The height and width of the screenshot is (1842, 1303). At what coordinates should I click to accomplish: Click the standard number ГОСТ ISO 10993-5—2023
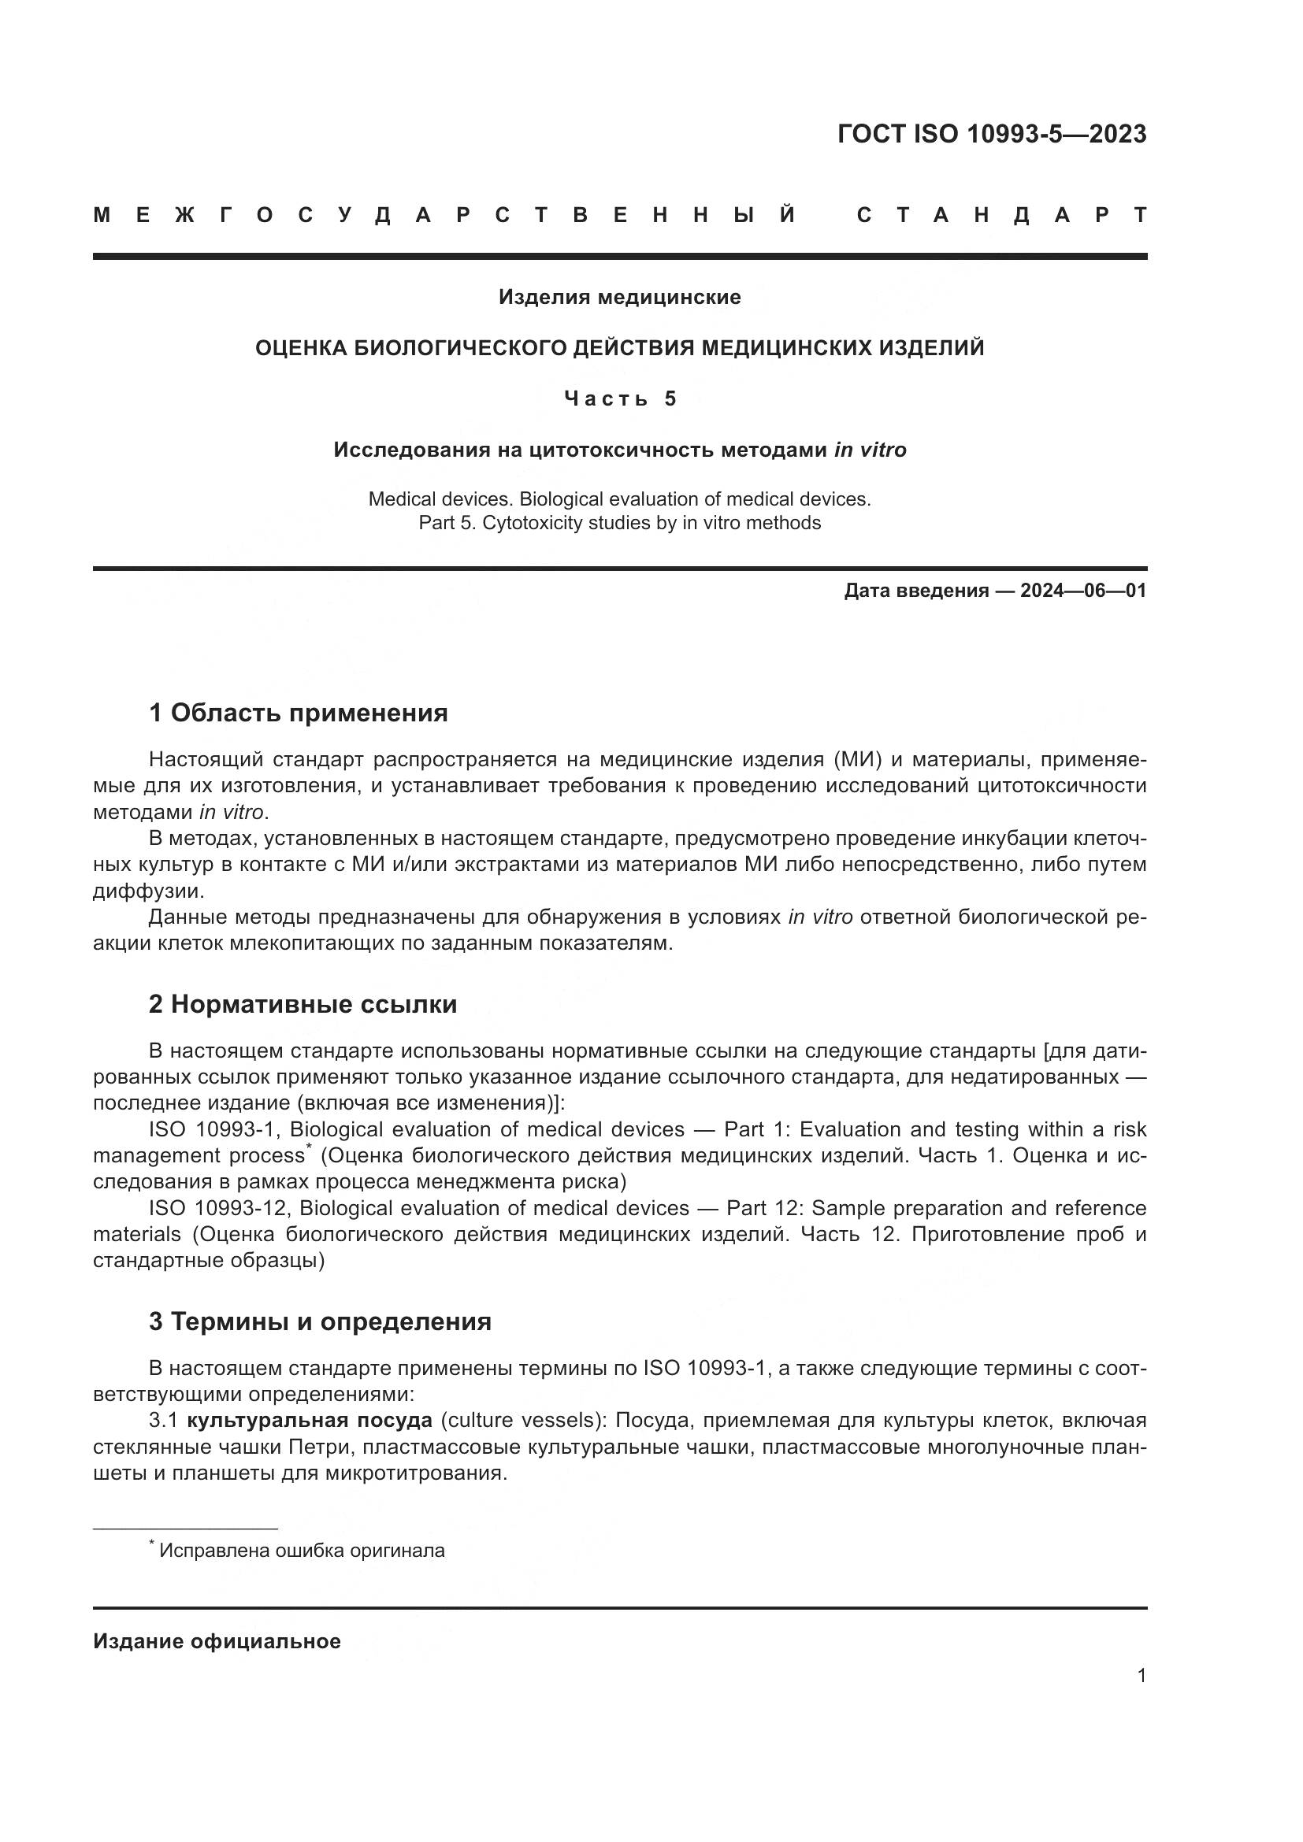click(x=992, y=134)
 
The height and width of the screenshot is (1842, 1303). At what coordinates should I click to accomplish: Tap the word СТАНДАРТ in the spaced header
click(x=1002, y=215)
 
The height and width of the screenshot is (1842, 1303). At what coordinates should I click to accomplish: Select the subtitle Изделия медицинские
click(x=619, y=298)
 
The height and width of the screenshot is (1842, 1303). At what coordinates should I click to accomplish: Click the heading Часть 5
click(x=620, y=398)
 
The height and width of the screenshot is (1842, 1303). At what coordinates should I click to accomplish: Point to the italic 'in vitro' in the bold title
click(x=871, y=450)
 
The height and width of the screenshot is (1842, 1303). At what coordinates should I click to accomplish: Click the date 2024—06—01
click(x=1083, y=591)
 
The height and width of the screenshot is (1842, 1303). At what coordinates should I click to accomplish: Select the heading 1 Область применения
click(x=298, y=713)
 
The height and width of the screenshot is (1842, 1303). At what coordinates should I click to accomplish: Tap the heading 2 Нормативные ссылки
click(x=303, y=1003)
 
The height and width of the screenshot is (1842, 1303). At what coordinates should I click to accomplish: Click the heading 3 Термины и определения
click(x=319, y=1321)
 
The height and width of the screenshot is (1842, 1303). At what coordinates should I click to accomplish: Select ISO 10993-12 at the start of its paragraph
click(x=217, y=1208)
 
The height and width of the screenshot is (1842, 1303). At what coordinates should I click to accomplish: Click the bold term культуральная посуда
click(x=310, y=1421)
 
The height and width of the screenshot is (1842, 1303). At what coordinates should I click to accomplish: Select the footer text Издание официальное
click(x=217, y=1641)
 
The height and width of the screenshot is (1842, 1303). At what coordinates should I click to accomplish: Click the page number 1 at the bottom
click(x=1141, y=1675)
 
